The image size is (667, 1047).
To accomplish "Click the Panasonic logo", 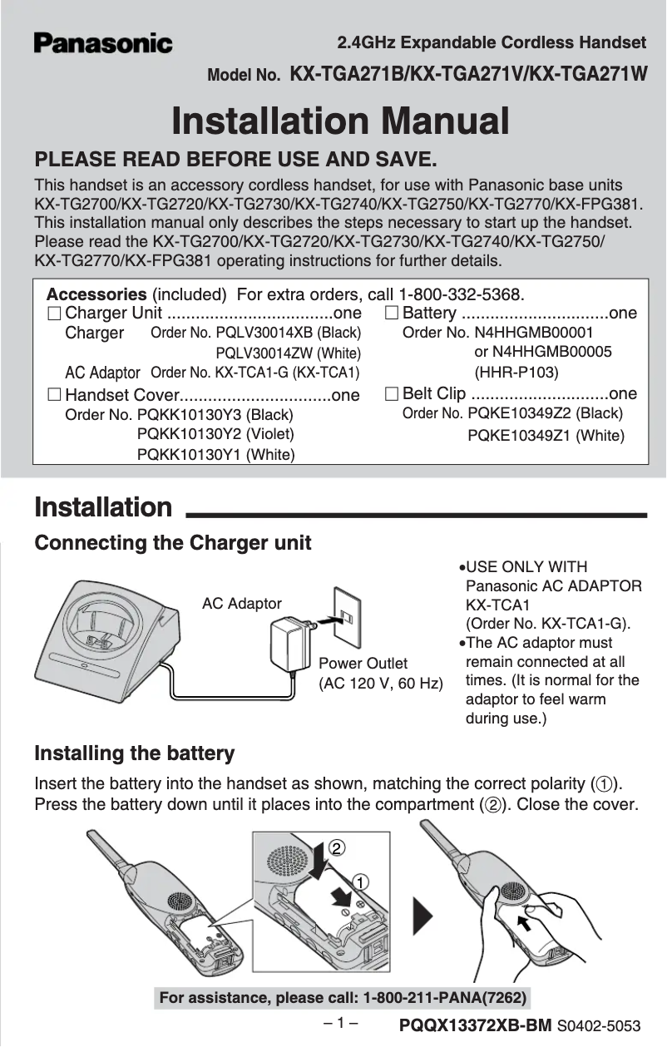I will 103,43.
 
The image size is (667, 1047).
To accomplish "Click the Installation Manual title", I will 340,122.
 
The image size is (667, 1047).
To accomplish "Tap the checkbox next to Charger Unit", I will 54,314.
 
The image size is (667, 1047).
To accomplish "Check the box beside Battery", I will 392,314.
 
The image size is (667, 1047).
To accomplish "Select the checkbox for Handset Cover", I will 54,394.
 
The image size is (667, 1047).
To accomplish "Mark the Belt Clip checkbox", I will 392,393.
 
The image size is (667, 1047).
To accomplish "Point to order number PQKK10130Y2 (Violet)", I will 215,433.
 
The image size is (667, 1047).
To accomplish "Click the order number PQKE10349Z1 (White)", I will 546,435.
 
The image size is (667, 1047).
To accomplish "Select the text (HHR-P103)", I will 516,372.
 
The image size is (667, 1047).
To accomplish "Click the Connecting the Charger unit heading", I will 172,543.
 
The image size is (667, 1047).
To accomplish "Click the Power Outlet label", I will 363,664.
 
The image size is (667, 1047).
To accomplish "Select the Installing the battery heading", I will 134,754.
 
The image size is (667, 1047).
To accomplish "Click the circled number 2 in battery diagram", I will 335,848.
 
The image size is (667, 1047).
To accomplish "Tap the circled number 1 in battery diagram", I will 359,881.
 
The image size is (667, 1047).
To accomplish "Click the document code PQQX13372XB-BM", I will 475,1026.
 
